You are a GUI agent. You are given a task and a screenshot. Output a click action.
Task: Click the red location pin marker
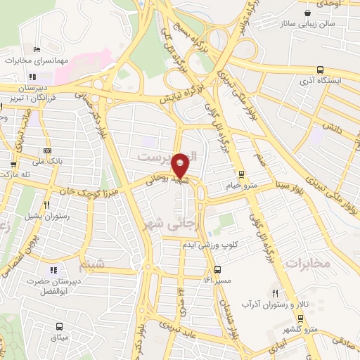tap(180, 165)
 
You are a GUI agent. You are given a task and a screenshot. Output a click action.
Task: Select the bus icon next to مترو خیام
tap(241, 174)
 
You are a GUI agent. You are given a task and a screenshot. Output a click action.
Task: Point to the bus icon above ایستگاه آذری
tap(321, 70)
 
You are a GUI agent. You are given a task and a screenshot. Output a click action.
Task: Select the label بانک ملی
tap(47, 161)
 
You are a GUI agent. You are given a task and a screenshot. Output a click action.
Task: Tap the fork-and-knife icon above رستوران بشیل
tap(46, 205)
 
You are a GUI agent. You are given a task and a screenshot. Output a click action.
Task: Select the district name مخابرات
tap(309, 263)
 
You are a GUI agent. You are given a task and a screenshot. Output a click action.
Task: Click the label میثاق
tap(59, 338)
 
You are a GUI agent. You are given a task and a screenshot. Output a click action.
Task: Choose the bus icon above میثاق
tap(59, 327)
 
